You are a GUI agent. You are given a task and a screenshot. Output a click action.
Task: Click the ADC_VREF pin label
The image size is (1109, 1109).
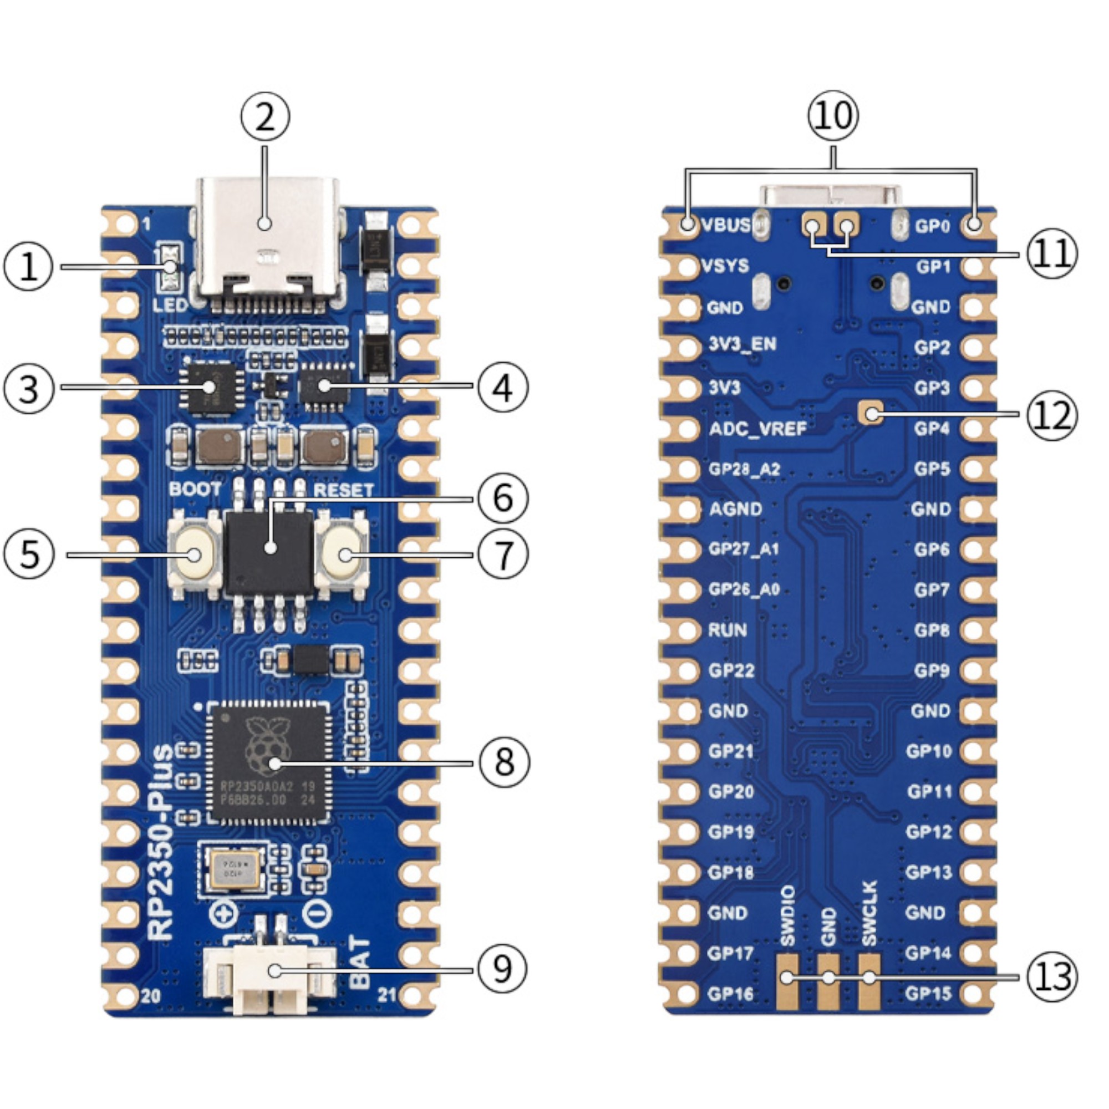pyautogui.click(x=757, y=429)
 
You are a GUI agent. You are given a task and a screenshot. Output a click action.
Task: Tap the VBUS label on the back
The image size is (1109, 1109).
pyautogui.click(x=726, y=225)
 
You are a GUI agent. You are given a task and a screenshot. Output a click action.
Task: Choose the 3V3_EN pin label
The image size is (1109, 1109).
pyautogui.click(x=741, y=344)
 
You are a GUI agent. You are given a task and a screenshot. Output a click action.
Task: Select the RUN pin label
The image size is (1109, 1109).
pyautogui.click(x=728, y=630)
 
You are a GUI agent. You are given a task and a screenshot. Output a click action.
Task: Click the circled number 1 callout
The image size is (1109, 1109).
pyautogui.click(x=29, y=267)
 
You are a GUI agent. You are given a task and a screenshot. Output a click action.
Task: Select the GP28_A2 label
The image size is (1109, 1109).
pyautogui.click(x=744, y=469)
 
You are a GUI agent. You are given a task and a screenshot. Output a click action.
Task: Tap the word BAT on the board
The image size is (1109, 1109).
pyautogui.click(x=359, y=963)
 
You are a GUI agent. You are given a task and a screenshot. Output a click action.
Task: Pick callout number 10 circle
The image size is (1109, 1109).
pyautogui.click(x=833, y=115)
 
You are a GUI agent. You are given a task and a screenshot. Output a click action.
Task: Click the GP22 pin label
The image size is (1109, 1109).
pyautogui.click(x=731, y=670)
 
